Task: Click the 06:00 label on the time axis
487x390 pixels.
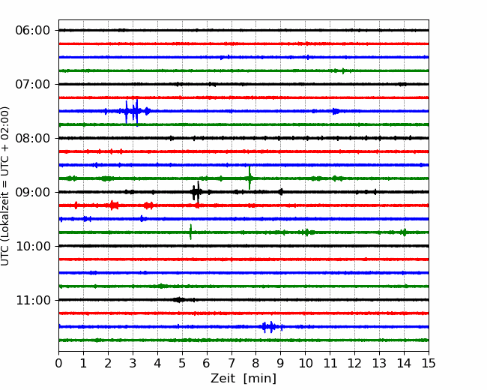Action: (x=33, y=31)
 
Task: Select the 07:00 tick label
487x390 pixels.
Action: (x=33, y=84)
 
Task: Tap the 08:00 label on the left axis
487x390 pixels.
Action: (x=33, y=138)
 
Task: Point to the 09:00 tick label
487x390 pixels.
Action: (x=33, y=192)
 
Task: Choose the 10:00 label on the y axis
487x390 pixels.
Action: (x=33, y=246)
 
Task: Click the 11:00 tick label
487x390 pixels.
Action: (x=33, y=300)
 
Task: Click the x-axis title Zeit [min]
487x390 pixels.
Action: (x=243, y=379)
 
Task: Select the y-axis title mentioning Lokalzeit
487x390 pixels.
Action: (x=4, y=186)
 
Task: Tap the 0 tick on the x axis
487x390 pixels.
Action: (x=58, y=363)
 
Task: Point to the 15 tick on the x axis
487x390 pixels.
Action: (x=429, y=363)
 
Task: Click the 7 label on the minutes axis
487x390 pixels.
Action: (x=232, y=363)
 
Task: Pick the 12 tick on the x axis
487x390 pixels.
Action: (x=354, y=363)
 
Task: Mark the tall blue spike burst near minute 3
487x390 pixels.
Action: (x=131, y=111)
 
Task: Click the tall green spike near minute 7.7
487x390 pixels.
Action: (x=249, y=178)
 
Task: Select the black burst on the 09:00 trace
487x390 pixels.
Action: (x=196, y=192)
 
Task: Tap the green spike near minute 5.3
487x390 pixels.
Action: (x=191, y=232)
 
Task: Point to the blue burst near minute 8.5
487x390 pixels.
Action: (x=269, y=327)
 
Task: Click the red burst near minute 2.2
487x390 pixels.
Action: (x=114, y=205)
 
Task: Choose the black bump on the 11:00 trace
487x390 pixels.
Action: (x=179, y=300)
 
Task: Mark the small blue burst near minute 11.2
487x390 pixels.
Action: (x=336, y=111)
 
